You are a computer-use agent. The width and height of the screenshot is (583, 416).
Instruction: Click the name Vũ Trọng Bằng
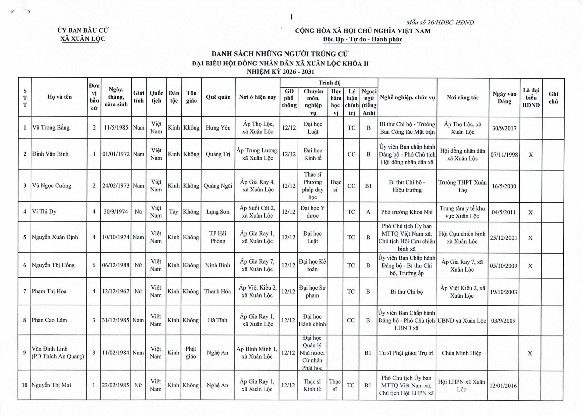pos(51,128)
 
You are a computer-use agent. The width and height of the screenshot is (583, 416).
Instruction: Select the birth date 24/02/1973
pos(116,185)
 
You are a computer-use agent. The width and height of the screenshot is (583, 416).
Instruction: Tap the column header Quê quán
pos(218,97)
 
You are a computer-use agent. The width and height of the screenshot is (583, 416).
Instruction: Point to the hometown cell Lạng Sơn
pos(218,211)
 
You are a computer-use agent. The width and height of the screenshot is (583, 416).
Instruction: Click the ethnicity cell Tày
pos(174,211)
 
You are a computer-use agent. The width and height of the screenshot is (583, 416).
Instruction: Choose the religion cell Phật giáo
pos(191,352)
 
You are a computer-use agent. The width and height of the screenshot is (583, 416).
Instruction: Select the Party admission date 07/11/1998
pos(504,155)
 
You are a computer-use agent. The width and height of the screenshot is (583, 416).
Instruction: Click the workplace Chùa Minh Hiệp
pos(462,353)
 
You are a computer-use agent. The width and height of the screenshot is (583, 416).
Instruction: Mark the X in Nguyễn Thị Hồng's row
pos(530,266)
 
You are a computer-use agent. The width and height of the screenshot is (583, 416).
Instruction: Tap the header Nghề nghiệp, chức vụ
pos(407,97)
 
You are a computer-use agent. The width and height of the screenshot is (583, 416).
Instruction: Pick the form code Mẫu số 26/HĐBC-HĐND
pos(440,23)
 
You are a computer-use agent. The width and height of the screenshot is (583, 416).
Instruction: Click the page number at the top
pos(291,17)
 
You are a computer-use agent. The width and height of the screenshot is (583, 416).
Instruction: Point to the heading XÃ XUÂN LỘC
pos(83,39)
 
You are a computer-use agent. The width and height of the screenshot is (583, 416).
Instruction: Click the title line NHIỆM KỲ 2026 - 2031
pos(280,72)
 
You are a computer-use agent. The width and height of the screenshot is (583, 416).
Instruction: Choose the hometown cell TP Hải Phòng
pos(218,237)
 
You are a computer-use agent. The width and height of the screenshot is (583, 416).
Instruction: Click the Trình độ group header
pos(329,83)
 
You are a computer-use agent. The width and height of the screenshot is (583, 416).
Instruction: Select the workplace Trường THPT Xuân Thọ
pos(462,186)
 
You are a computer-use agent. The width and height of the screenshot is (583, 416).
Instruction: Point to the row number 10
pos(24,385)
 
